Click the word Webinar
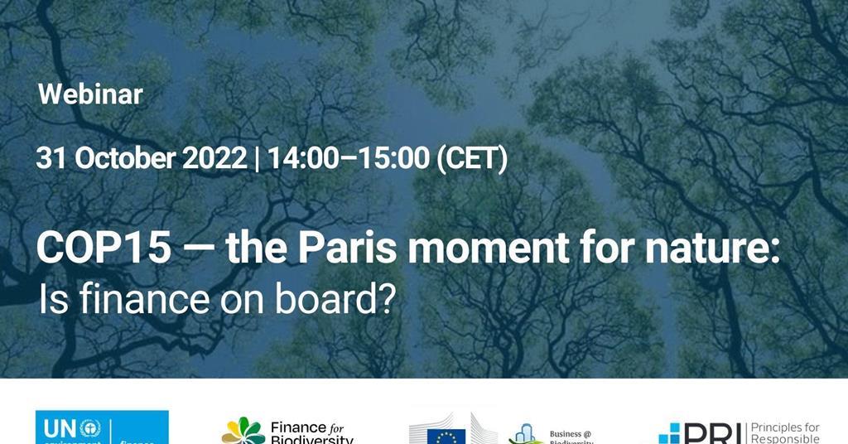pos(90,94)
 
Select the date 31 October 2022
pos(141,158)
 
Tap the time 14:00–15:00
pos(346,158)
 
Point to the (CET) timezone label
pos(471,158)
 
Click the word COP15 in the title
pos(104,249)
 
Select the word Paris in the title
pos(350,249)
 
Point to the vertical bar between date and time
pos(257,158)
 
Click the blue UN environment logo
pos(102,428)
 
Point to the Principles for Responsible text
pos(784,433)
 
